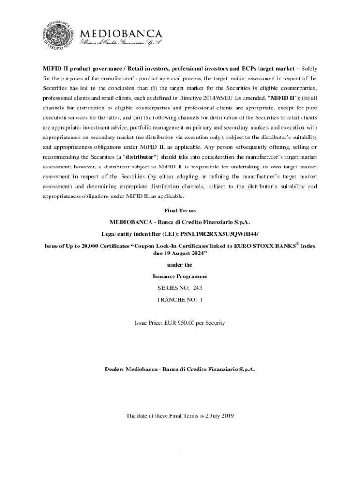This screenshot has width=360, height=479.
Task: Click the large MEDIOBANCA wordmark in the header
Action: pos(122,34)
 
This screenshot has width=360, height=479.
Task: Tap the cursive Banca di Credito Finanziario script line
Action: pos(121,44)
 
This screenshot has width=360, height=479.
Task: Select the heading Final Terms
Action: pos(180,210)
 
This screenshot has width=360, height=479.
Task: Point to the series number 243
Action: pos(197,288)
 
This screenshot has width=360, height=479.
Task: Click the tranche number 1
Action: pos(201,299)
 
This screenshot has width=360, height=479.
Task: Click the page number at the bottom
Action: pos(180,451)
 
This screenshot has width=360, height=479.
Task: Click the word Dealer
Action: pos(114,369)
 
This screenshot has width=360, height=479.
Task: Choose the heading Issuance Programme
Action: pos(180,276)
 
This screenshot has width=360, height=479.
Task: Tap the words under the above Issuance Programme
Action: pos(180,265)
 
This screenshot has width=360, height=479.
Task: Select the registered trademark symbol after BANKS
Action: pos(297,243)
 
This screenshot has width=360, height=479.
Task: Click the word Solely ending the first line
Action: pos(306,68)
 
